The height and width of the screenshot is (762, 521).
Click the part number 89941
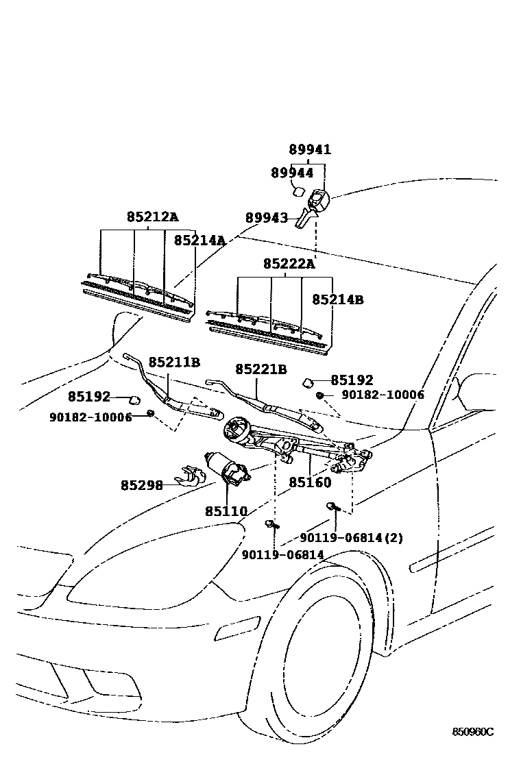click(x=309, y=149)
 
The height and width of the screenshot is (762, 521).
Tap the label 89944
click(x=292, y=173)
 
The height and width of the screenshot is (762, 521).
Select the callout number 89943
click(x=267, y=218)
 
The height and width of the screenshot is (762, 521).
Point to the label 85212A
click(x=152, y=217)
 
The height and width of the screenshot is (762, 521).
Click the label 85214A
click(x=199, y=241)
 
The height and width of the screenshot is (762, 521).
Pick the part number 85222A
click(x=289, y=264)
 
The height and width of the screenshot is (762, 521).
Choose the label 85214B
click(x=338, y=300)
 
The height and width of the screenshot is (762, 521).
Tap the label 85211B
click(x=174, y=362)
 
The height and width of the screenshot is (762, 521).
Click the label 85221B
click(x=261, y=369)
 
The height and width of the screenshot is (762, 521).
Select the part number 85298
click(x=142, y=485)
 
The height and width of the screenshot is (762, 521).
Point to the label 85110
click(x=226, y=511)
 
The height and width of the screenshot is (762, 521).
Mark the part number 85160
click(x=310, y=482)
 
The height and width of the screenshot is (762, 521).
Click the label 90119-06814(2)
click(x=352, y=538)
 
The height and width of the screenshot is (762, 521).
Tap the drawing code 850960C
click(x=472, y=731)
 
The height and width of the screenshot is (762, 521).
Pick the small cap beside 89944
click(x=299, y=189)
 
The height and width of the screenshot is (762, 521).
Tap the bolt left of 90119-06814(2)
click(x=332, y=508)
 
